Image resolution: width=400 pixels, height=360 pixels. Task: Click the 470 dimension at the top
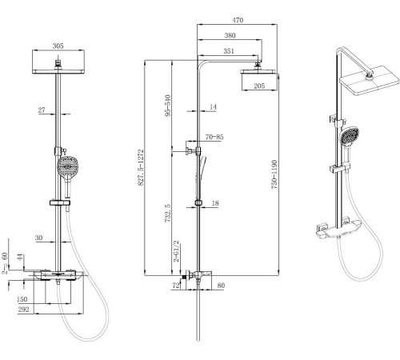[x=238, y=20]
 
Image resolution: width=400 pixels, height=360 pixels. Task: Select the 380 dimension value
[x=230, y=35]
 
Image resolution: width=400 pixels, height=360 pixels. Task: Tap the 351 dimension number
[x=229, y=51]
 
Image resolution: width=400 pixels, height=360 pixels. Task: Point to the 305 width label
[x=58, y=46]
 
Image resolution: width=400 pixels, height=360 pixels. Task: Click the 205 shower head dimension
[x=259, y=86]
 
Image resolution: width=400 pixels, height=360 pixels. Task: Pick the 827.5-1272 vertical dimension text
[x=141, y=167]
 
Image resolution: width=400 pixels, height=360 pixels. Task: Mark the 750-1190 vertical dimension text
[x=274, y=174]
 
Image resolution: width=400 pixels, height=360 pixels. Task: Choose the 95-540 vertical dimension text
[x=168, y=106]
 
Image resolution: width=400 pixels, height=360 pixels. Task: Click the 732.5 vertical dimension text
[x=167, y=214]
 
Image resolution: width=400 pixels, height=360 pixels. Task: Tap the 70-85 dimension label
[x=214, y=137]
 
